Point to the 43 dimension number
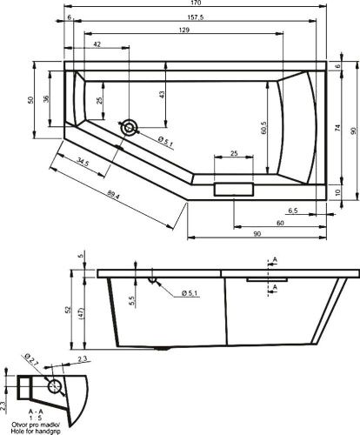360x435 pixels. click(x=162, y=93)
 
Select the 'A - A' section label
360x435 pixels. click(x=35, y=410)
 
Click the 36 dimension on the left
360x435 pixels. click(x=47, y=99)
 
